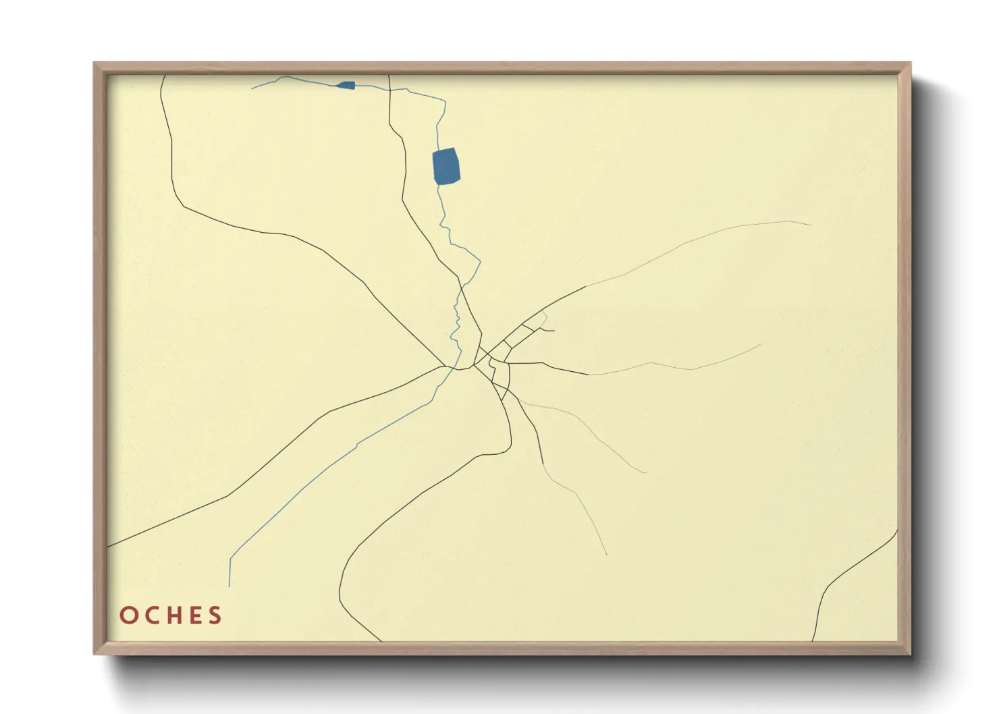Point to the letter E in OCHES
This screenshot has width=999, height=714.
(195, 615)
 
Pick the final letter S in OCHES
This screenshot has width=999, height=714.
(215, 615)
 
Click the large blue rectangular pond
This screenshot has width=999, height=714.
(446, 166)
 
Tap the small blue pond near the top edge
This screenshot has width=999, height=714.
(346, 85)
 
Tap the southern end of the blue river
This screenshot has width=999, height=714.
(230, 586)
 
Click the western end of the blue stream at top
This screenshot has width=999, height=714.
(252, 88)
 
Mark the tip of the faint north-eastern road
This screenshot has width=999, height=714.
(810, 225)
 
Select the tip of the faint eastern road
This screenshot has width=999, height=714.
(761, 344)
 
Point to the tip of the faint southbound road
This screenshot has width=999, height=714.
(606, 555)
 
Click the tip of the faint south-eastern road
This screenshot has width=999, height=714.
(646, 472)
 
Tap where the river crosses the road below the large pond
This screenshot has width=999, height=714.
(462, 283)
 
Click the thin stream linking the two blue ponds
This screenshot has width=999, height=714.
(418, 92)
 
